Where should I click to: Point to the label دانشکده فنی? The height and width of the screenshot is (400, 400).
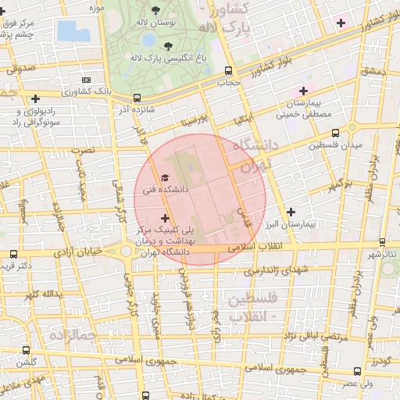pyautogui.click(x=159, y=189)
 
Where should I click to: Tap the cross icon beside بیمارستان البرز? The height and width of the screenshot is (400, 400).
pyautogui.click(x=291, y=211)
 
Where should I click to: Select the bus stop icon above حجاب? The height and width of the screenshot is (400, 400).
pyautogui.click(x=227, y=70)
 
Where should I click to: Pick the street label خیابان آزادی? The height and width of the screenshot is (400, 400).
pyautogui.click(x=78, y=252)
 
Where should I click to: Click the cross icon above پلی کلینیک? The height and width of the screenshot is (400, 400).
pyautogui.click(x=164, y=218)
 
